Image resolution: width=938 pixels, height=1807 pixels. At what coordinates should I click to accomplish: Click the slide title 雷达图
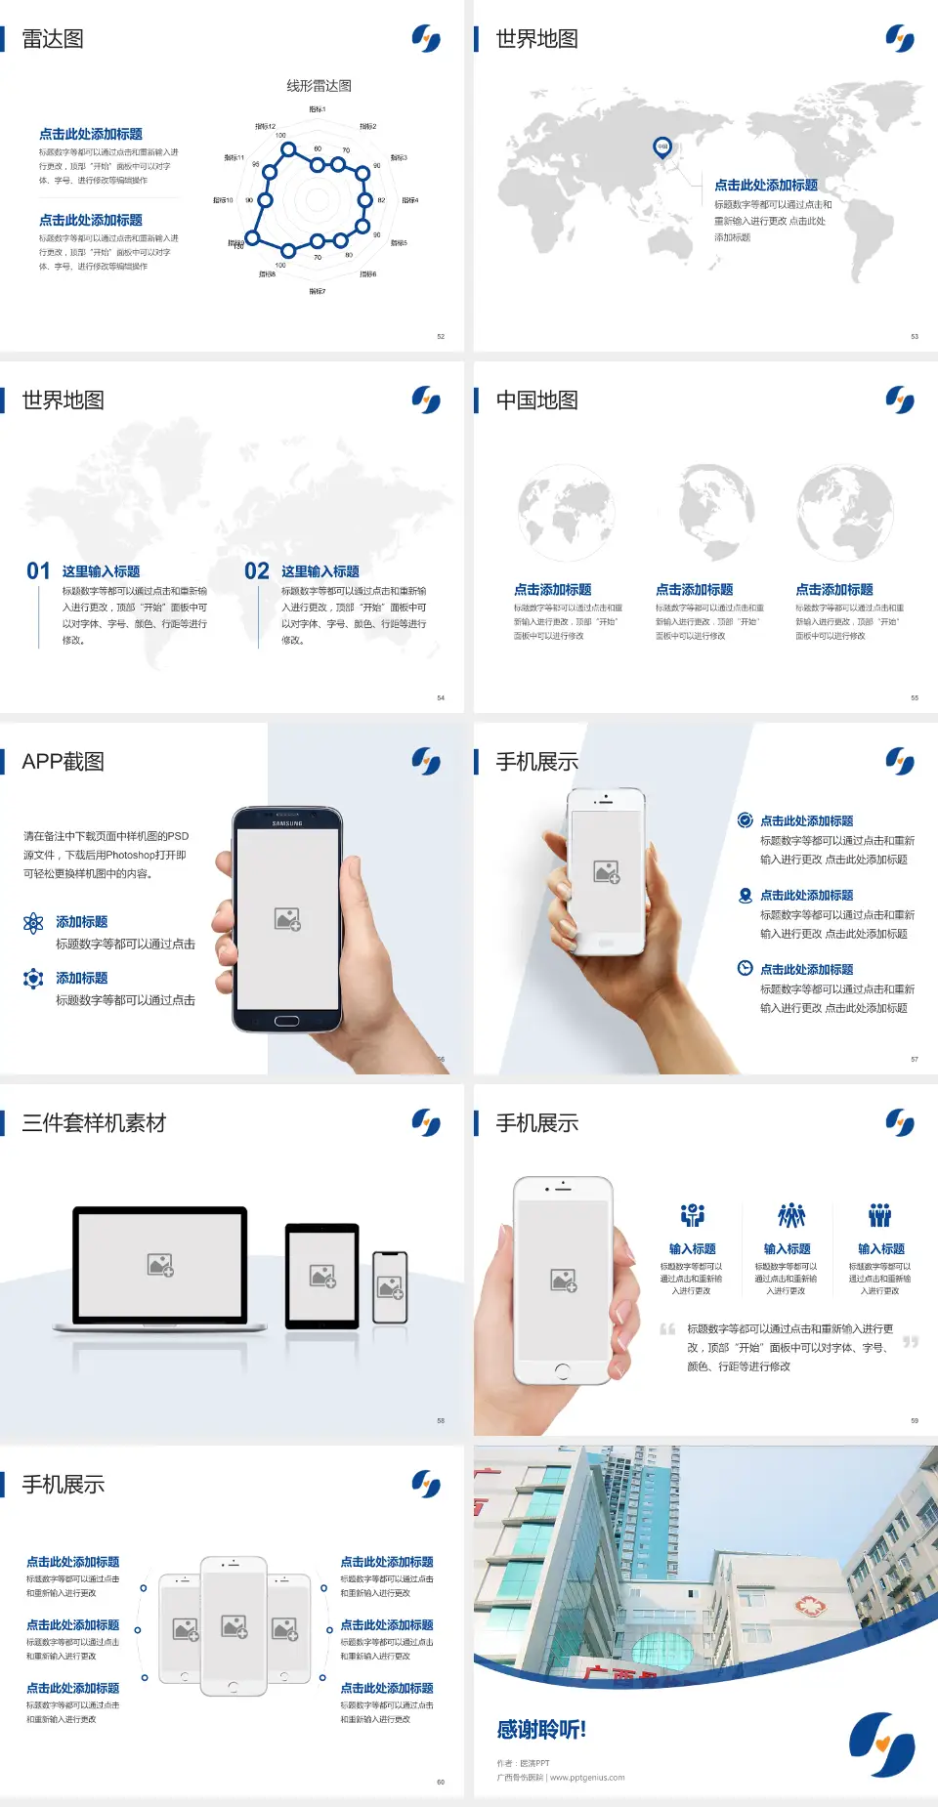coord(53,39)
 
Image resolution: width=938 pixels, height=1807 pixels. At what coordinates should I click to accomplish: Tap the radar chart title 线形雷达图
coord(319,86)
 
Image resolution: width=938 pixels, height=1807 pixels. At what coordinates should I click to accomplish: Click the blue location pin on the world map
coord(662,147)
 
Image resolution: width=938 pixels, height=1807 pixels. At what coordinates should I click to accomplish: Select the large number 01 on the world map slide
coord(38,571)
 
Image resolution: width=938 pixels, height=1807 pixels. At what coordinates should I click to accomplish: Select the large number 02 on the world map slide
coord(257,571)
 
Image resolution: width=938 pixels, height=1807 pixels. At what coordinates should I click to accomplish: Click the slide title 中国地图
coord(536,400)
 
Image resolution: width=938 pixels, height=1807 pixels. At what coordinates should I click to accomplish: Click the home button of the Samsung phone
coord(286,1021)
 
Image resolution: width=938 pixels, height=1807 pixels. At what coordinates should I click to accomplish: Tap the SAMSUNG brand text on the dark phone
coord(287,823)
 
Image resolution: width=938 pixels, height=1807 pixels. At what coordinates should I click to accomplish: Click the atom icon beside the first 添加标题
coord(33,923)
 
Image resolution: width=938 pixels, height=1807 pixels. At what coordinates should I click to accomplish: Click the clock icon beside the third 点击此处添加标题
coord(745,968)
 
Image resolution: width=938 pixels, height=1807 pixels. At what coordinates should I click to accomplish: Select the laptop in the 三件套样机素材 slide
coord(160,1268)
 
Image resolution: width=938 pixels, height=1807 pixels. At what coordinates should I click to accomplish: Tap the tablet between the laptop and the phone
coord(322,1275)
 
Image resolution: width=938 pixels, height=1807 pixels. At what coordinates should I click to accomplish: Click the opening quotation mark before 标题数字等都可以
coord(667,1329)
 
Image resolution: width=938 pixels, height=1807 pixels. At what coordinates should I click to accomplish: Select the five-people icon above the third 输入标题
coord(880,1215)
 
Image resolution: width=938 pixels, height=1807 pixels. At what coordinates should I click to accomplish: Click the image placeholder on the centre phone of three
coord(234,1625)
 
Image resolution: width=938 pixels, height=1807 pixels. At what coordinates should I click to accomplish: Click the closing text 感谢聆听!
coord(540,1730)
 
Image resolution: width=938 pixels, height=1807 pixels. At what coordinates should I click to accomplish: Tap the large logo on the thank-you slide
coord(881,1744)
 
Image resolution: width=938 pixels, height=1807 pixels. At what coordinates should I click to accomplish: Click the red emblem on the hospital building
coord(808,1605)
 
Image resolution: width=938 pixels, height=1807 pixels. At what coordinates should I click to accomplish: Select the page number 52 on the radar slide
coord(441,337)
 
